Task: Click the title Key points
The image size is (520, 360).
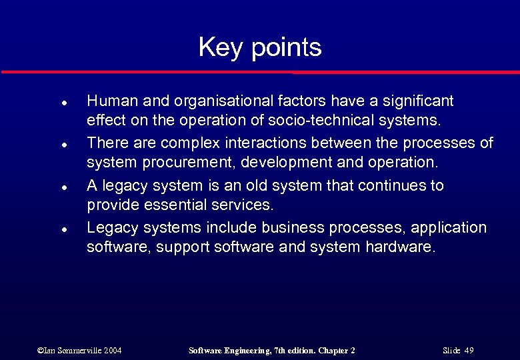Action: [x=260, y=47]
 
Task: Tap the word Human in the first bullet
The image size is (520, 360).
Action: [x=109, y=101]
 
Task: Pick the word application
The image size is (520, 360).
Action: [x=449, y=228]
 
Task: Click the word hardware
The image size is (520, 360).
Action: [x=400, y=248]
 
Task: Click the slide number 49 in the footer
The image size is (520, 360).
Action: [x=469, y=350]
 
